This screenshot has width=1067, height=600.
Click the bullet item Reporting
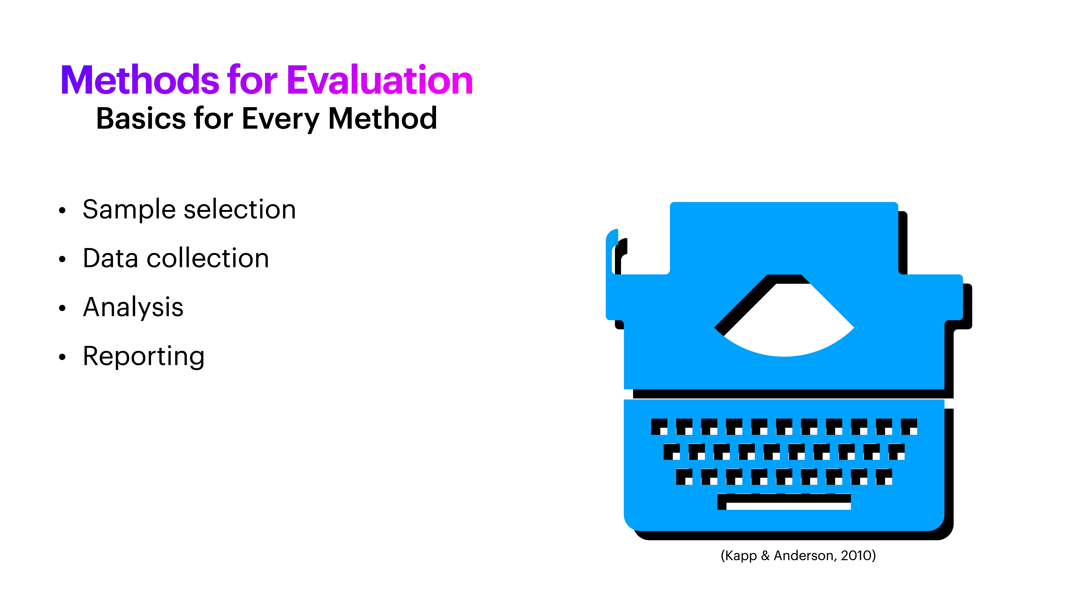143,357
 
